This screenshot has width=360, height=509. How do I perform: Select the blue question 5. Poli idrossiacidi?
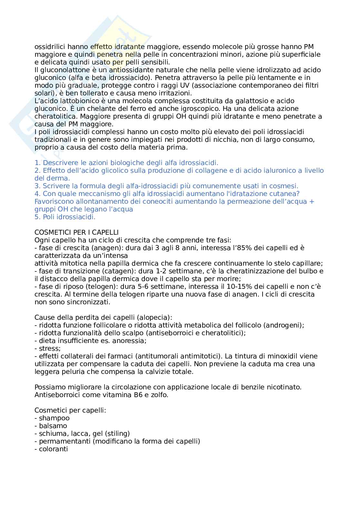[x=65, y=217]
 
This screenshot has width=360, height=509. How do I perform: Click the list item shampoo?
[x=54, y=418]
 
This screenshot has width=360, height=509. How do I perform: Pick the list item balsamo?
[x=53, y=426]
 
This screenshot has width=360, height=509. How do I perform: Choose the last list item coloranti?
[x=53, y=449]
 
